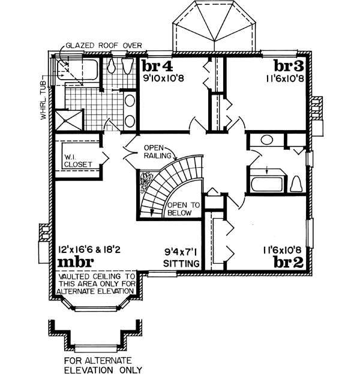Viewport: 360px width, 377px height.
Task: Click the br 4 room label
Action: click(x=158, y=65)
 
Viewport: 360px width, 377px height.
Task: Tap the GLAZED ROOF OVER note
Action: click(x=103, y=45)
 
